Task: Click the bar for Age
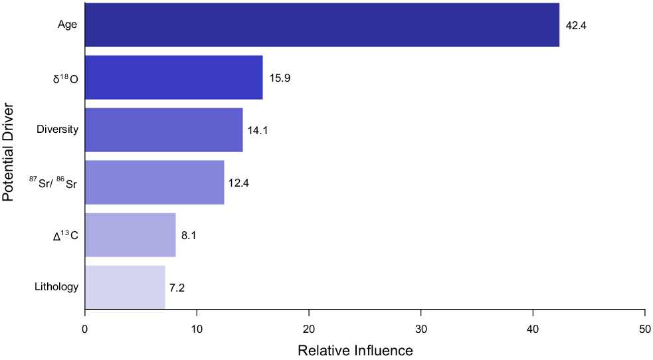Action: (x=322, y=25)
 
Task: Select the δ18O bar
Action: (x=174, y=78)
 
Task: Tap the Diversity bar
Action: (x=164, y=130)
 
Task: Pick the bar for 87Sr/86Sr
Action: (x=155, y=183)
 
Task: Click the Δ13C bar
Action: (x=130, y=235)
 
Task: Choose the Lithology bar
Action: (x=125, y=288)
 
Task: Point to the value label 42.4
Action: (x=576, y=26)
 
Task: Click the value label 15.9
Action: (x=280, y=78)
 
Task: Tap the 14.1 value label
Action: (x=258, y=131)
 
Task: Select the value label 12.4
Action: (x=238, y=183)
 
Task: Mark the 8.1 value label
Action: (x=188, y=236)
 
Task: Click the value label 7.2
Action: (x=177, y=288)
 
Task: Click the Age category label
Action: (x=68, y=25)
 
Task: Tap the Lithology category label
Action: (x=56, y=287)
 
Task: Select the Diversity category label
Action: (x=58, y=130)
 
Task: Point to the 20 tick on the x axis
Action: (x=309, y=327)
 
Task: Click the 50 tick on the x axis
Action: (x=645, y=327)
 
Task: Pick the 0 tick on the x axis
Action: (x=85, y=327)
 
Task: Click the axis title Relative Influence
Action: (x=355, y=350)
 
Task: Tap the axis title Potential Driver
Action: (x=9, y=152)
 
